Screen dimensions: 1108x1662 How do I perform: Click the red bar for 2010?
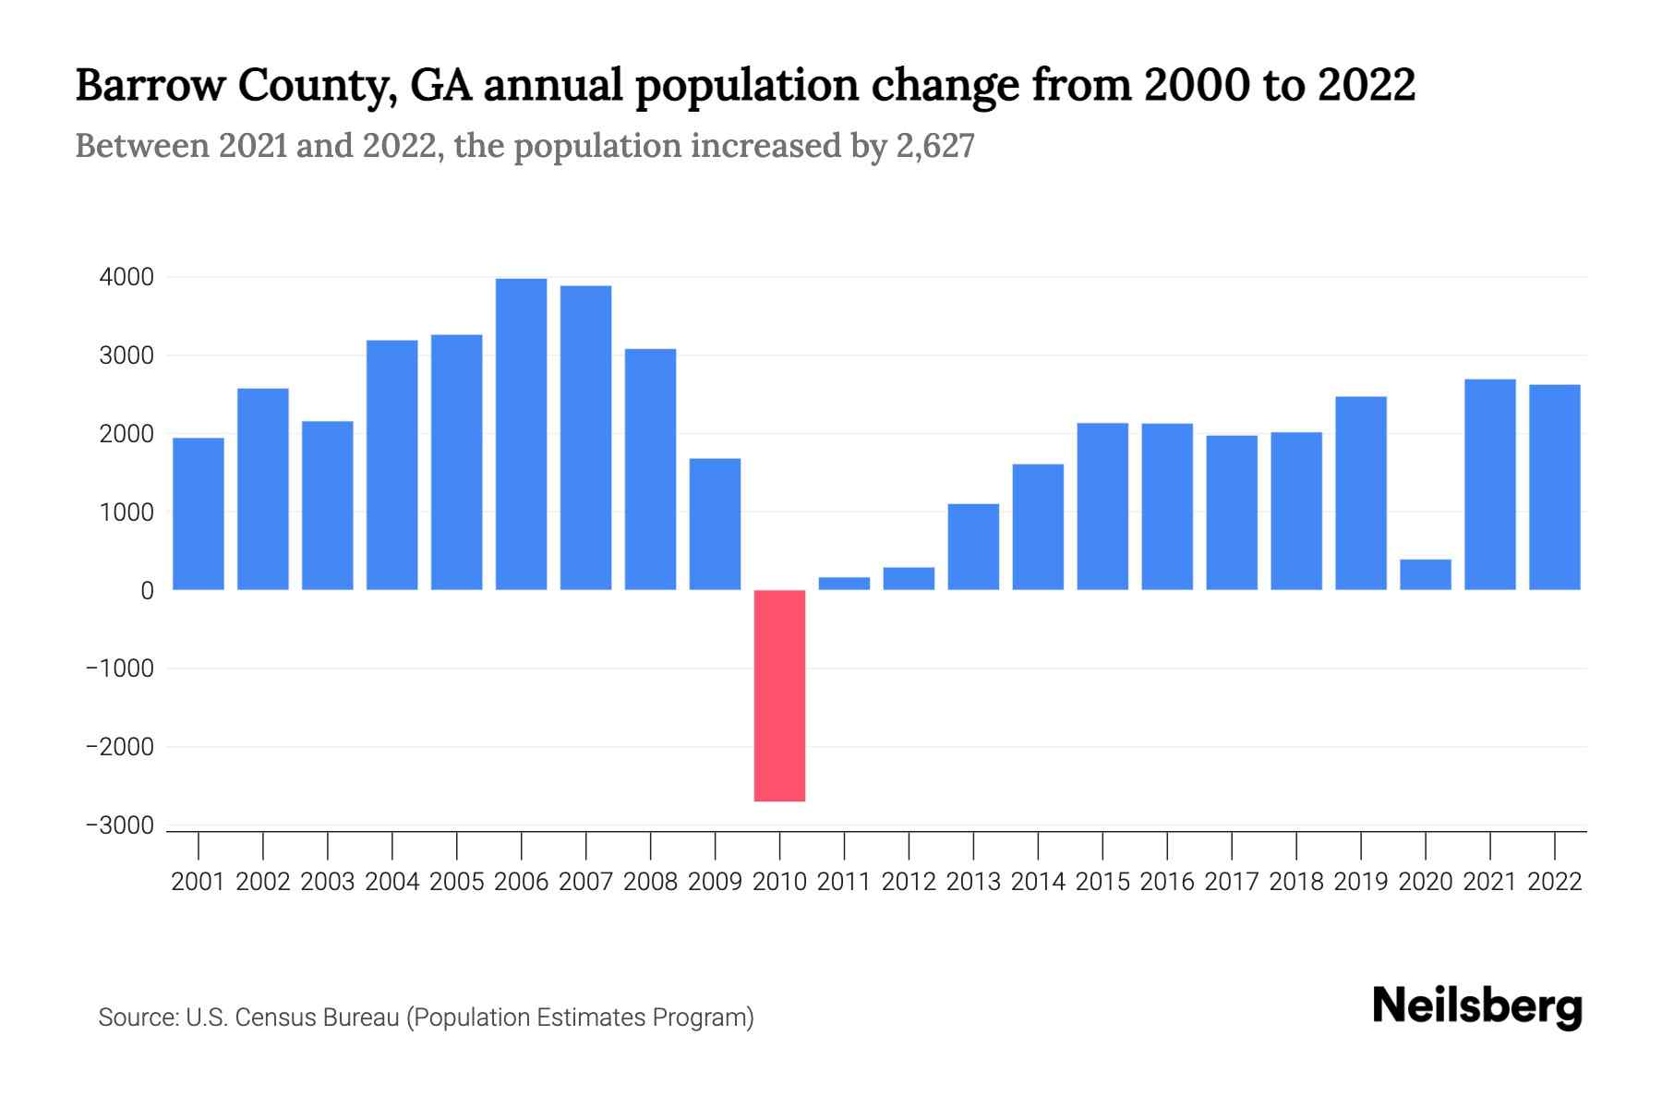[x=779, y=695]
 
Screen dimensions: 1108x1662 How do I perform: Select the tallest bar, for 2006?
[x=521, y=434]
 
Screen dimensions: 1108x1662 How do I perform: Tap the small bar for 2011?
[x=844, y=584]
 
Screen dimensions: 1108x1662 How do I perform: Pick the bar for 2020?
[x=1425, y=574]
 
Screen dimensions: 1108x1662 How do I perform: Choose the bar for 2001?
[x=199, y=513]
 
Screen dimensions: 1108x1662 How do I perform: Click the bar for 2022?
[x=1554, y=487]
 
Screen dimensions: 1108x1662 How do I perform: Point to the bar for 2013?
[x=973, y=547]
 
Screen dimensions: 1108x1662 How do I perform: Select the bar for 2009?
[x=715, y=524]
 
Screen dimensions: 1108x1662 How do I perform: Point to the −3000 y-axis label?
[x=120, y=825]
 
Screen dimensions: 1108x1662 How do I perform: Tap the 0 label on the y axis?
[x=147, y=591]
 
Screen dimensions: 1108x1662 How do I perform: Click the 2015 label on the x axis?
[x=1102, y=882]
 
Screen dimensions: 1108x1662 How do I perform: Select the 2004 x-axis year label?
[x=392, y=882]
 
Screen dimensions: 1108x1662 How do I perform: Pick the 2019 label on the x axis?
[x=1361, y=882]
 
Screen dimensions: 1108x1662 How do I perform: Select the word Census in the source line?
[x=273, y=1018]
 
